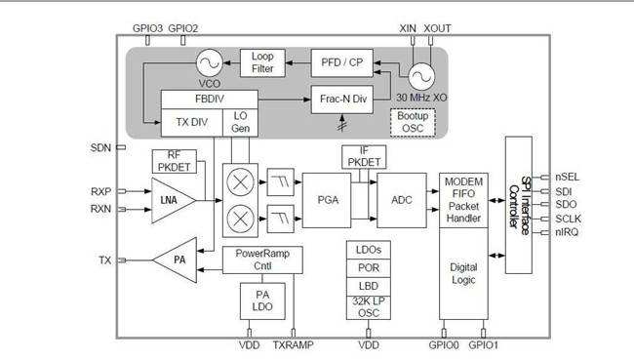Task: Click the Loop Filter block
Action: pyautogui.click(x=261, y=62)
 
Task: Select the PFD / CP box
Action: pyautogui.click(x=341, y=62)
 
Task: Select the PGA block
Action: pyautogui.click(x=327, y=199)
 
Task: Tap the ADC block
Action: pyautogui.click(x=402, y=199)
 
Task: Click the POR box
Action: pyautogui.click(x=369, y=268)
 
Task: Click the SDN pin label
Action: pyautogui.click(x=100, y=147)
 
